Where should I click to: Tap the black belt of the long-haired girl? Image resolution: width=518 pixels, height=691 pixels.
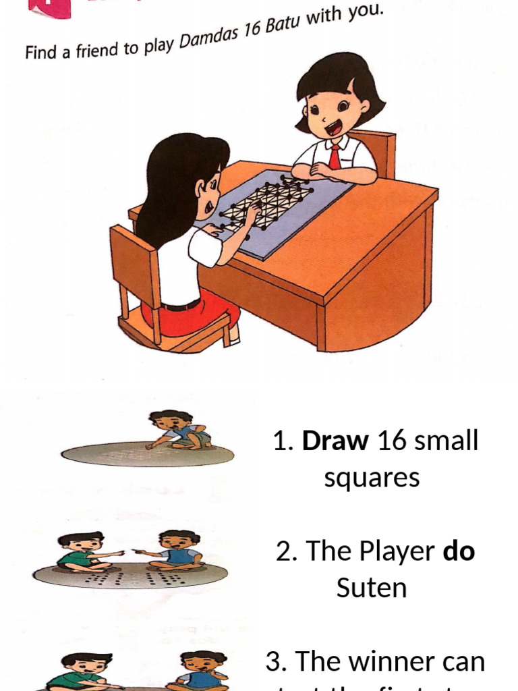click(x=181, y=306)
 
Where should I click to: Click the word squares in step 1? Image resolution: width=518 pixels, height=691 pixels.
click(x=372, y=478)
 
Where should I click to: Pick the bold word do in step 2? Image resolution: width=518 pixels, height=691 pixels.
click(x=459, y=551)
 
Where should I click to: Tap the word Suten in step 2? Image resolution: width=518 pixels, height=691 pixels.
click(x=372, y=588)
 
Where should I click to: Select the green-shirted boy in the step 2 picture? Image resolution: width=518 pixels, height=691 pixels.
click(x=81, y=552)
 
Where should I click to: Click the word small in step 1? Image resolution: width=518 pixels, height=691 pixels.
click(x=446, y=441)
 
